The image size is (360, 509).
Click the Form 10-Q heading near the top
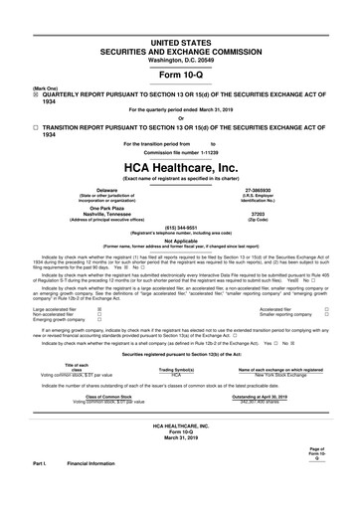[180, 75]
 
